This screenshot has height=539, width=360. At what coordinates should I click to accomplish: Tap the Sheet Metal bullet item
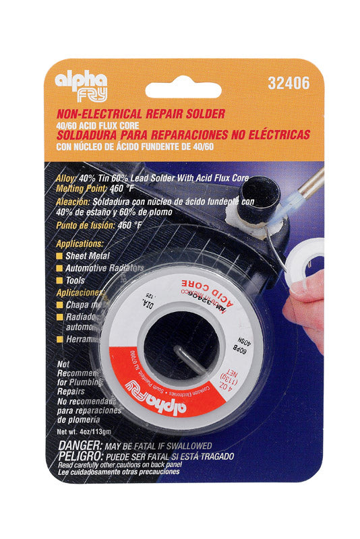coord(93,256)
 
